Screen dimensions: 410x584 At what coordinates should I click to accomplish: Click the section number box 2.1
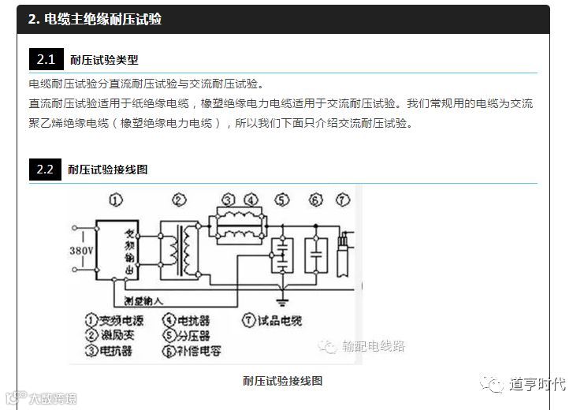(x=45, y=60)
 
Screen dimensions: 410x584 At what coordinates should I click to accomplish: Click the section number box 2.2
(x=45, y=169)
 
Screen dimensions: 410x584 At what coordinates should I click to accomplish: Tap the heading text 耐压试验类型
(x=104, y=60)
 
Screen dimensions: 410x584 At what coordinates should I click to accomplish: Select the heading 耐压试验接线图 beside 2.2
(x=107, y=169)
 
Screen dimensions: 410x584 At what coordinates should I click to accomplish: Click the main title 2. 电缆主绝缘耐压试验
(x=95, y=19)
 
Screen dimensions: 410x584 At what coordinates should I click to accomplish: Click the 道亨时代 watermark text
(x=537, y=384)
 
